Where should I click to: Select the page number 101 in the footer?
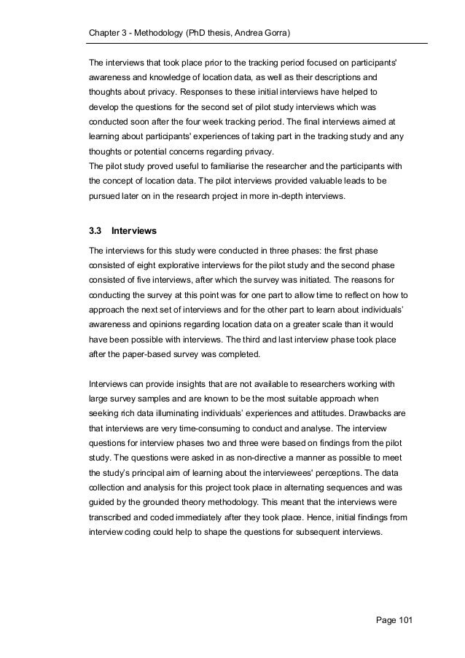point(403,619)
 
